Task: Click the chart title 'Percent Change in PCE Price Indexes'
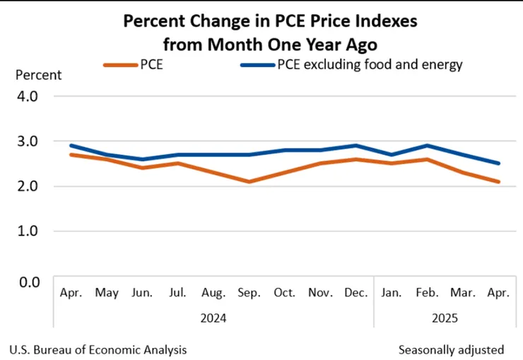(270, 21)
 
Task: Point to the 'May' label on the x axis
(106, 292)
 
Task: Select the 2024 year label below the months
(213, 318)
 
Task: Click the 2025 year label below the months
(445, 318)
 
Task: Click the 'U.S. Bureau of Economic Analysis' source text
(98, 349)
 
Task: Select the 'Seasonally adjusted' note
(451, 349)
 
